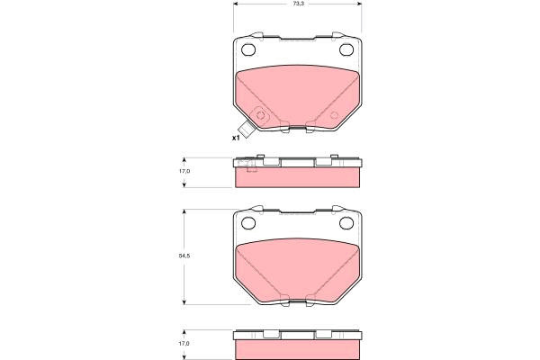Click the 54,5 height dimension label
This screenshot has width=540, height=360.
tap(184, 256)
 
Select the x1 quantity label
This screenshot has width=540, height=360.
tap(236, 138)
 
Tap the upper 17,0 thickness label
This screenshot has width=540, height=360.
tap(184, 171)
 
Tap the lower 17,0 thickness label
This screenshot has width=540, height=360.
tap(184, 344)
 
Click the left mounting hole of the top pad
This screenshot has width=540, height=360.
tap(248, 49)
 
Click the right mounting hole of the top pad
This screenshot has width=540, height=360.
tap(346, 49)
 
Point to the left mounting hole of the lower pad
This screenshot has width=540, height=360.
tap(248, 223)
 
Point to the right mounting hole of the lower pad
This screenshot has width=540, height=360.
tap(346, 223)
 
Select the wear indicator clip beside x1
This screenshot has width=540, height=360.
tap(247, 130)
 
